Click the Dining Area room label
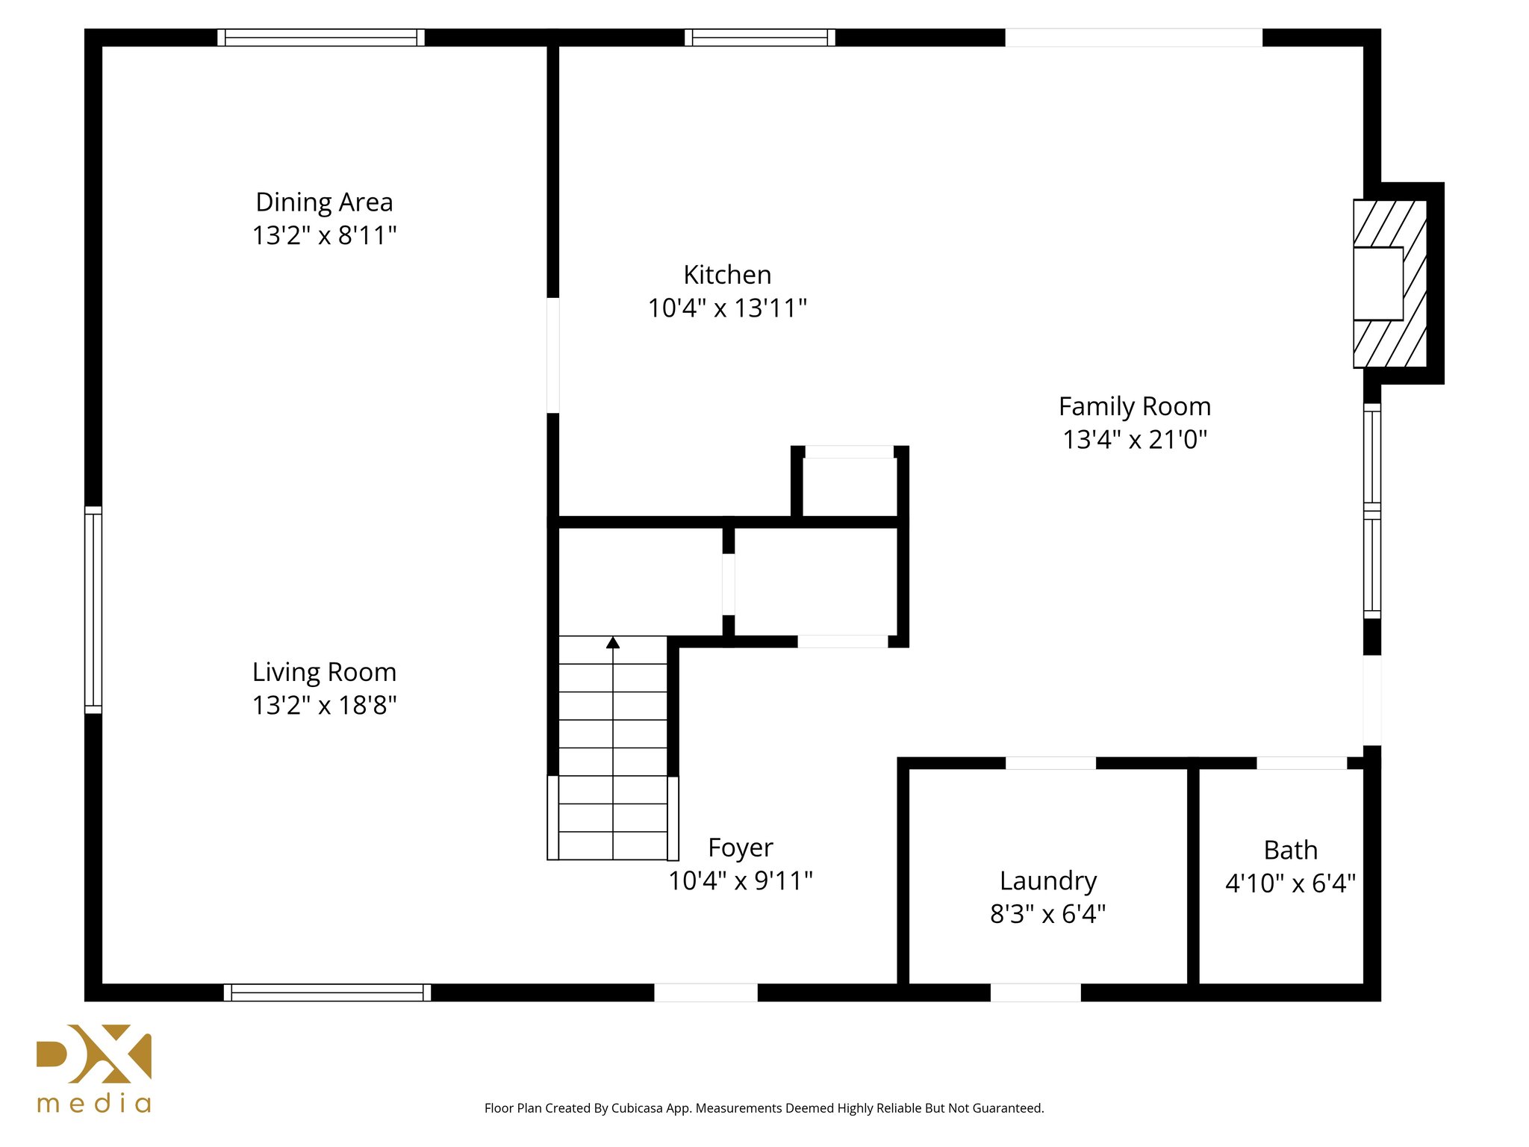click(x=324, y=202)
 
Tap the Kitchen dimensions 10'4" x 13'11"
click(x=727, y=308)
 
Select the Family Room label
click(x=1135, y=407)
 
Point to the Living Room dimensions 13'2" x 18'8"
click(x=324, y=705)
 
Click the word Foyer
click(x=741, y=849)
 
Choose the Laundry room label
click(x=1048, y=882)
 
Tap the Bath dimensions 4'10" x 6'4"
click(x=1290, y=883)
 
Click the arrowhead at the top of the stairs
click(x=613, y=642)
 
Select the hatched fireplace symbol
click(x=1390, y=284)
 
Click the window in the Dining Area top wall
click(x=321, y=37)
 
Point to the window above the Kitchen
click(x=760, y=37)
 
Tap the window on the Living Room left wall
click(x=93, y=609)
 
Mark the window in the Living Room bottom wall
click(x=327, y=992)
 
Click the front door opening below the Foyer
click(x=706, y=992)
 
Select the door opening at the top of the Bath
click(x=1301, y=763)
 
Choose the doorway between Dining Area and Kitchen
click(x=553, y=355)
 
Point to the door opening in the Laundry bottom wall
click(x=1036, y=992)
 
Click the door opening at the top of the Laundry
click(x=1050, y=763)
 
